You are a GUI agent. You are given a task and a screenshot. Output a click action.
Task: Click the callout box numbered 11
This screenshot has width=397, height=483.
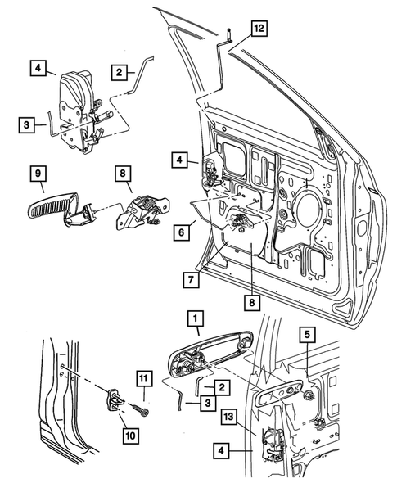tap(143, 378)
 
